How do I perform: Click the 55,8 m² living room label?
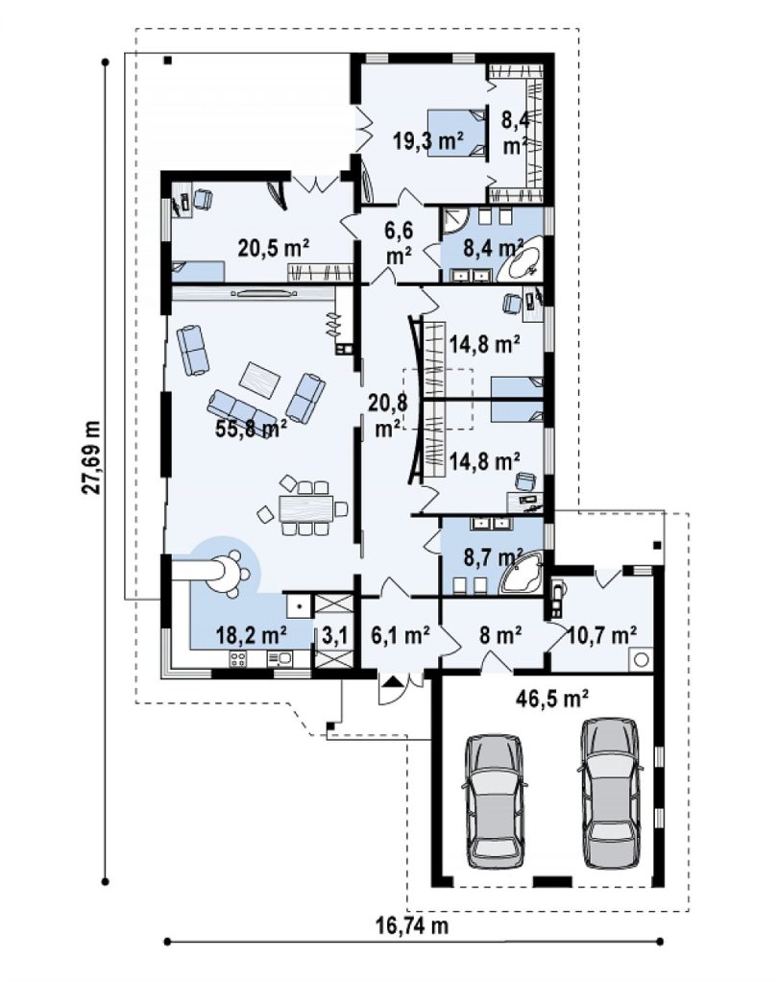point(251,429)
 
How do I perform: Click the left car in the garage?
point(494,800)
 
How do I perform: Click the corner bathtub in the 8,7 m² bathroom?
point(523,572)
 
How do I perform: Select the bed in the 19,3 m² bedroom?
point(456,133)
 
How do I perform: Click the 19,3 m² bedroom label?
point(428,141)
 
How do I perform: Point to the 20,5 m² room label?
point(274,248)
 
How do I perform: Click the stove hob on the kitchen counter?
point(238,659)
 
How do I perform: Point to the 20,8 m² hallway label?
point(388,415)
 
